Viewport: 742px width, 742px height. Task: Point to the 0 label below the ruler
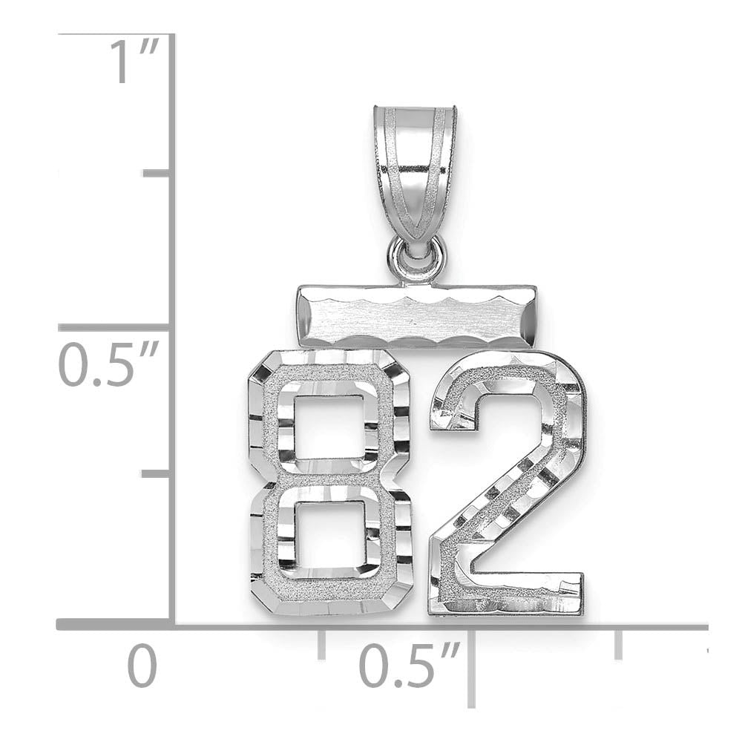(142, 666)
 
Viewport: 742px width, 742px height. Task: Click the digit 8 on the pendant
(329, 483)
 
